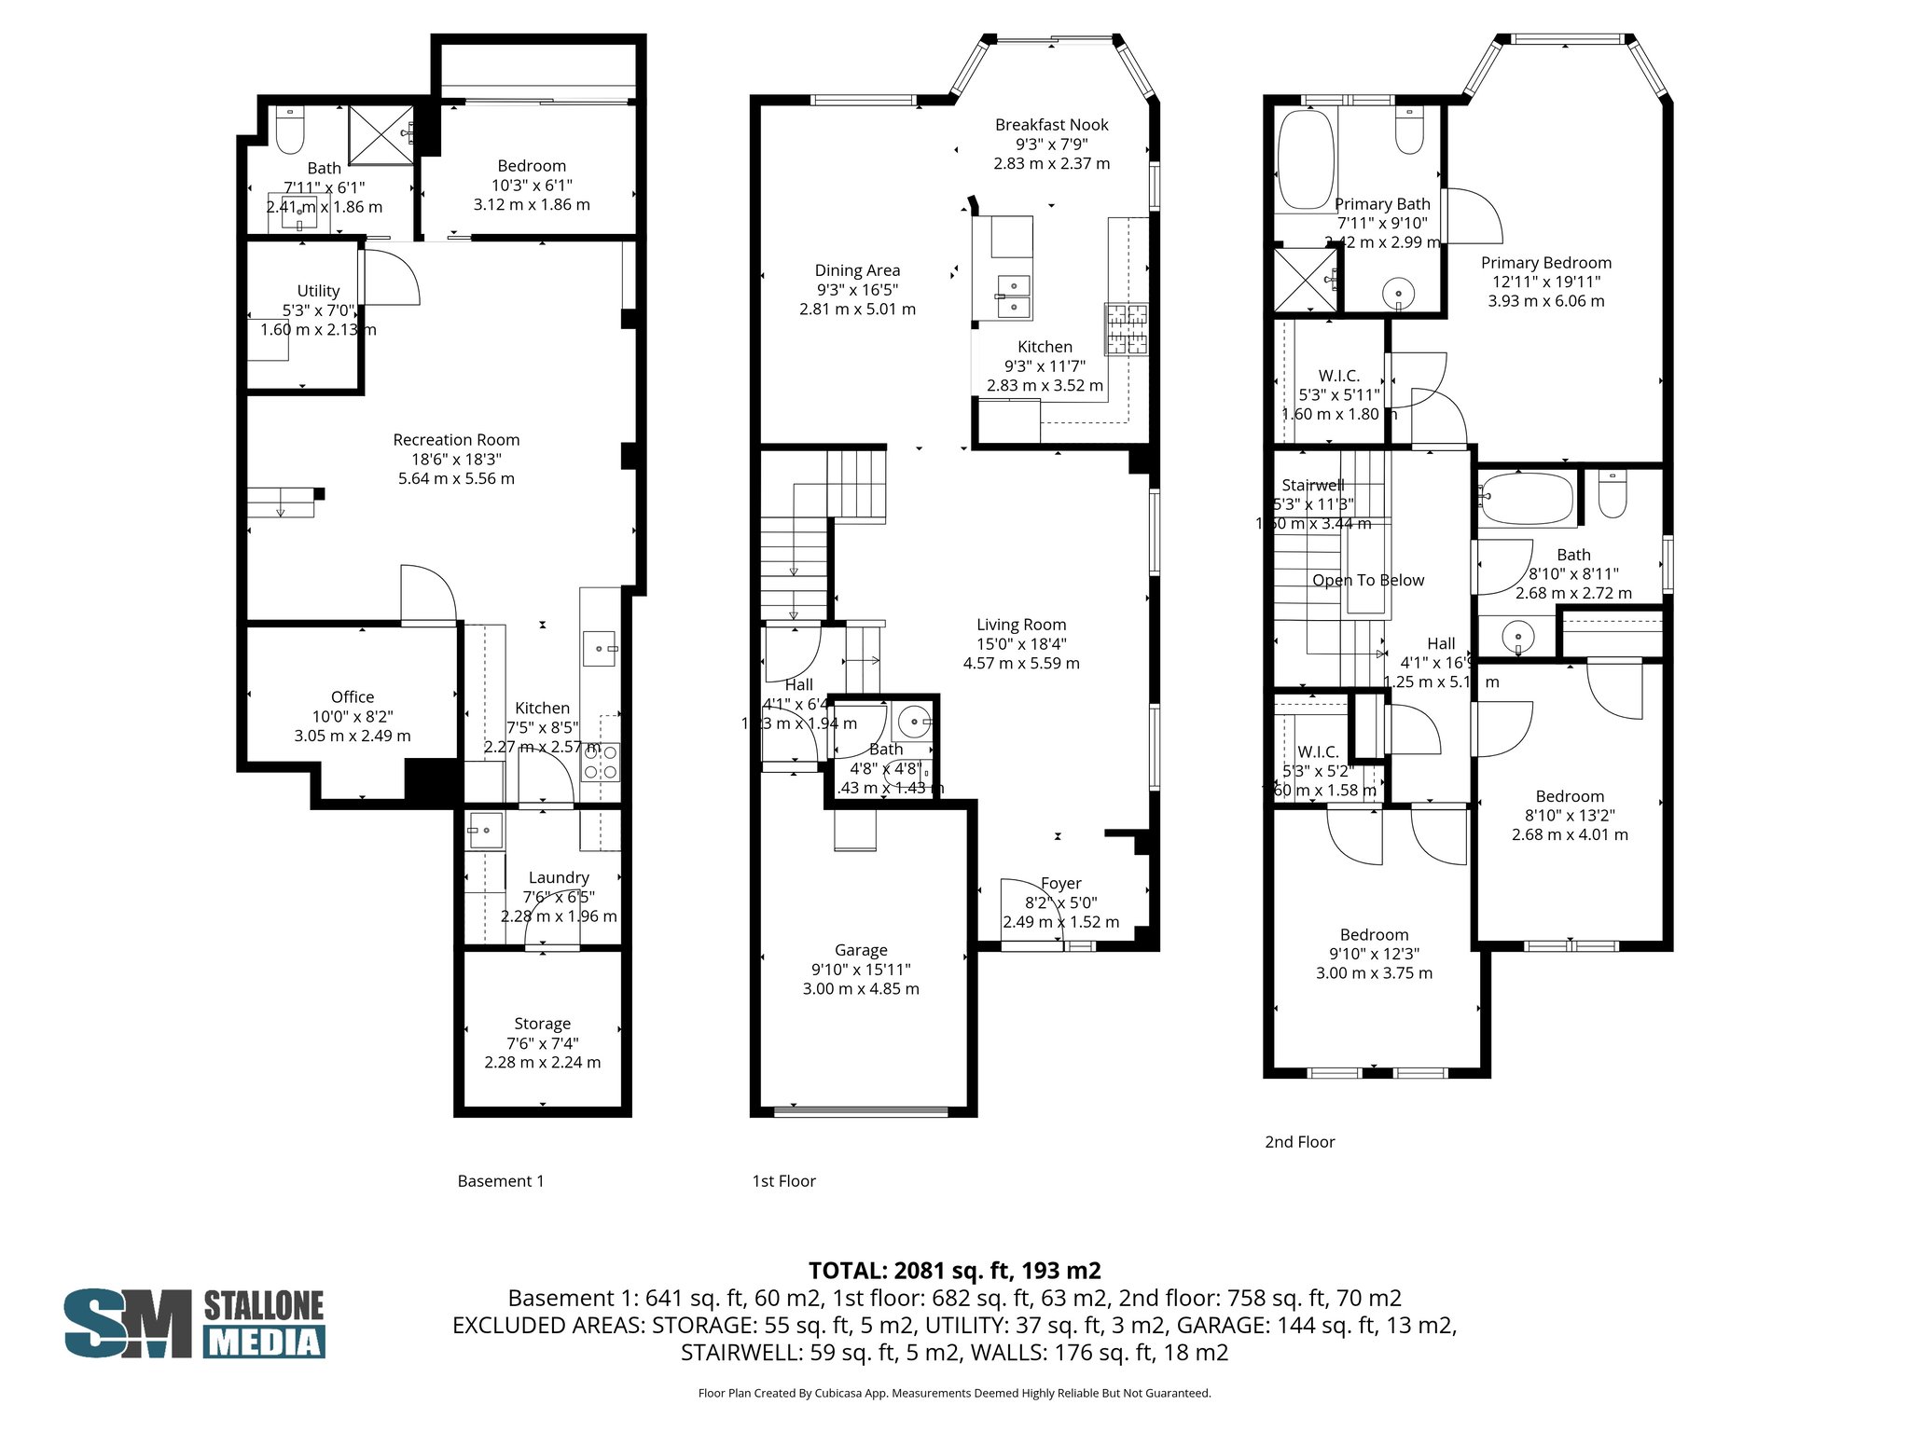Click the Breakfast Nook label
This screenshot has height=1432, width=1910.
point(1051,125)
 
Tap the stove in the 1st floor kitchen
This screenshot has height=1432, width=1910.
point(1127,329)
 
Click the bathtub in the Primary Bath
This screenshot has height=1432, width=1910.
point(1306,160)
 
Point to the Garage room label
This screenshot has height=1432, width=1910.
point(860,950)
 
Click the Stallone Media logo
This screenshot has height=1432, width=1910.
point(194,1323)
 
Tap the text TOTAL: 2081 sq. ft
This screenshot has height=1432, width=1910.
point(954,1271)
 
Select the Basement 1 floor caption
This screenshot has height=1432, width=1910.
point(500,1181)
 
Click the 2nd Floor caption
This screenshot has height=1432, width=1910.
point(1299,1142)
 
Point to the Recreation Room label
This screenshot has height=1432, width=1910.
point(456,440)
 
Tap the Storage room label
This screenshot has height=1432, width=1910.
point(542,1024)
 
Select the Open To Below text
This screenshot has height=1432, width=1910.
point(1368,580)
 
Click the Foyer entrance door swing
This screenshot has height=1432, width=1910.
point(1028,909)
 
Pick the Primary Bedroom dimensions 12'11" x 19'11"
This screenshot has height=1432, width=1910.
point(1545,282)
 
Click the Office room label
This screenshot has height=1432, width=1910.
point(353,697)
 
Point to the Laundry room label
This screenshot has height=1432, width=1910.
point(559,877)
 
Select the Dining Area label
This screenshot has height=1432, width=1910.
point(857,270)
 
